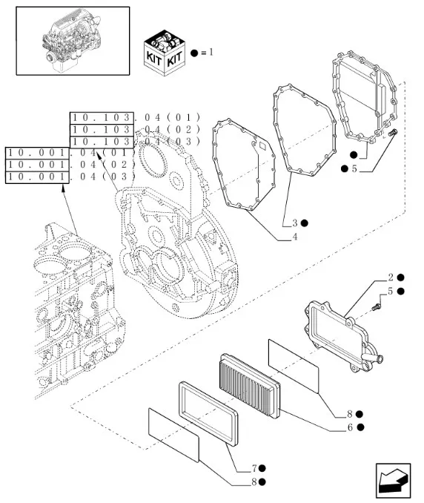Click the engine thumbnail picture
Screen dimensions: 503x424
point(73,41)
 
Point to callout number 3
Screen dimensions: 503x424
point(294,223)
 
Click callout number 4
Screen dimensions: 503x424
point(294,237)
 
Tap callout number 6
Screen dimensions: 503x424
point(348,427)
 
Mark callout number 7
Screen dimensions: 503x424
point(254,468)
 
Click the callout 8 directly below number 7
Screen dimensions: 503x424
point(254,481)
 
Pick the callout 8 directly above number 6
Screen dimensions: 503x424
point(348,413)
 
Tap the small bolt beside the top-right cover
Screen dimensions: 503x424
point(394,134)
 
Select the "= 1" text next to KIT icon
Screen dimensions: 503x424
point(207,53)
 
